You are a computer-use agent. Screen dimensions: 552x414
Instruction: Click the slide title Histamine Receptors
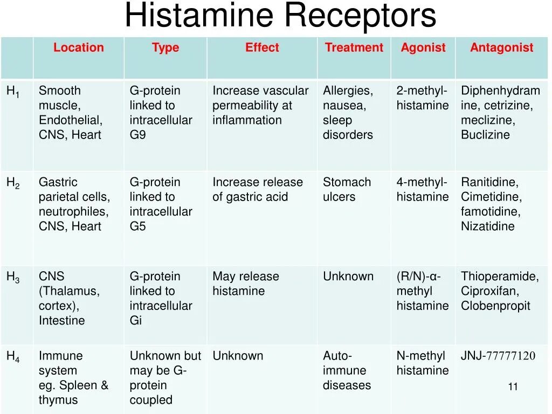[280, 16]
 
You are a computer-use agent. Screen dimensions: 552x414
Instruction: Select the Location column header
[78, 47]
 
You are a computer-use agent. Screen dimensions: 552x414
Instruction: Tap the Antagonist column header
[501, 47]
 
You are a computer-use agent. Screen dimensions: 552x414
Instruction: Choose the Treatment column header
[354, 47]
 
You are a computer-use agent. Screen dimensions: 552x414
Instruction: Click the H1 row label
[13, 92]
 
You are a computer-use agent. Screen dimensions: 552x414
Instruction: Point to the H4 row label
[13, 356]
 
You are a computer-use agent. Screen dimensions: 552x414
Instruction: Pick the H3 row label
[13, 277]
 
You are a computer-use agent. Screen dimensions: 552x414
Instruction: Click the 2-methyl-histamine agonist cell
[422, 98]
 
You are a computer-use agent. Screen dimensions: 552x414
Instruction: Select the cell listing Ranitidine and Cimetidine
[491, 204]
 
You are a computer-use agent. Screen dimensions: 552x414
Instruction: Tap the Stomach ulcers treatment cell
[347, 190]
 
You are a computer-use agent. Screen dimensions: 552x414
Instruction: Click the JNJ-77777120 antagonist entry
[498, 356]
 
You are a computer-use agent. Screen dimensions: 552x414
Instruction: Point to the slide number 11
[513, 387]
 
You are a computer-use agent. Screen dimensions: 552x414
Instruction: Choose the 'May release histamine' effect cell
[246, 284]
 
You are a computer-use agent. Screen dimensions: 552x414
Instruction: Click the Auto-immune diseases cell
[347, 370]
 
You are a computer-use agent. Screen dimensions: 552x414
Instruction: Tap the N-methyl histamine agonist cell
[422, 363]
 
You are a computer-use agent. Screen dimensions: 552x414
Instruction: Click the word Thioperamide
[499, 277]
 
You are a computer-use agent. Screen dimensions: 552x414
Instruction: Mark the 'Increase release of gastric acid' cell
[257, 190]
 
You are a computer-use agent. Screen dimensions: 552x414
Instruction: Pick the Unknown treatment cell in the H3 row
[348, 277]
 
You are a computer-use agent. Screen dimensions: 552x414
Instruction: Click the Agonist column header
[423, 47]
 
